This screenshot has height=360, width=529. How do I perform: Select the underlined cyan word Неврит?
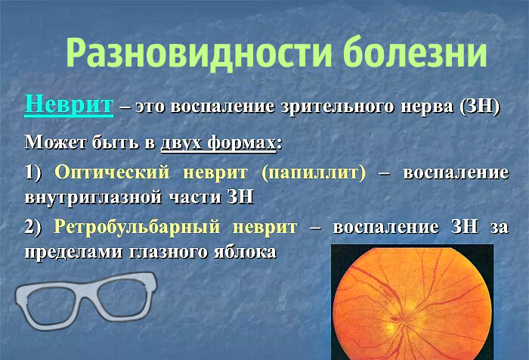click(69, 104)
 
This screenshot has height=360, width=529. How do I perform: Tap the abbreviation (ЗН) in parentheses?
click(479, 106)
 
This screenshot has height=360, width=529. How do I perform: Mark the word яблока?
click(241, 251)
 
